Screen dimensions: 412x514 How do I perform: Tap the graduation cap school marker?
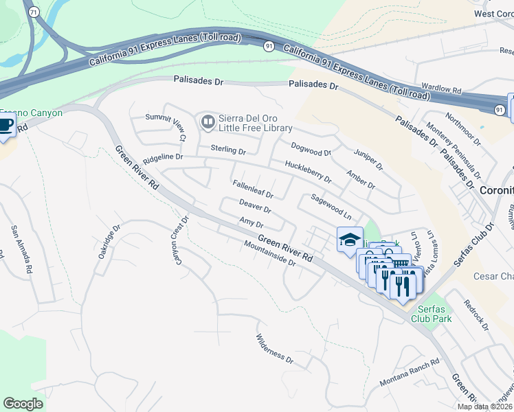[x=350, y=241]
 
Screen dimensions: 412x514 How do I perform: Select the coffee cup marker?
[x=5, y=126]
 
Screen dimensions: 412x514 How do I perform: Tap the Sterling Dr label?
[x=228, y=149]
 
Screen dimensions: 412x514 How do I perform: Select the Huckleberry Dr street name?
[x=309, y=172]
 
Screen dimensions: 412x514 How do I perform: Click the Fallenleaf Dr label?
[x=253, y=189]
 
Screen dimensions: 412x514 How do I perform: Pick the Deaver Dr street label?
[x=255, y=206]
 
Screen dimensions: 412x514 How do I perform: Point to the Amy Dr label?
[x=251, y=222]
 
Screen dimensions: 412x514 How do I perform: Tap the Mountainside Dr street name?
[x=269, y=253]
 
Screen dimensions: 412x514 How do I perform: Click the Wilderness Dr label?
[x=274, y=348]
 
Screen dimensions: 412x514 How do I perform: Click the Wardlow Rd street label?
[x=440, y=89]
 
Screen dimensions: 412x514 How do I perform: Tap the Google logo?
[x=23, y=403]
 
